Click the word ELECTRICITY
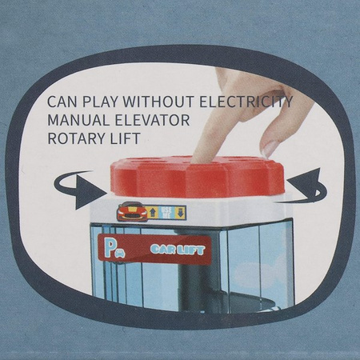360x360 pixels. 246,102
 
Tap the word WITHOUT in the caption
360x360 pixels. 158,102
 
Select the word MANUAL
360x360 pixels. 78,120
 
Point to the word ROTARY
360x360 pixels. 76,138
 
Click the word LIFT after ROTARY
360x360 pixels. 126,138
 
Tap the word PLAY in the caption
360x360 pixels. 100,102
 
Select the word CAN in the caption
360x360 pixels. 62,102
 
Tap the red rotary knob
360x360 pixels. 198,176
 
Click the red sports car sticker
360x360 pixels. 132,211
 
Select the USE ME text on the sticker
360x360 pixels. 166,213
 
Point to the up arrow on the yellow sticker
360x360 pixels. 153,213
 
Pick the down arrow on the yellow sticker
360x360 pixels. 180,213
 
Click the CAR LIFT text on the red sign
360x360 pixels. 178,250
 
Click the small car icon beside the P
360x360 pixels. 120,254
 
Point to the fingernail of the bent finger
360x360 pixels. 270,148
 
